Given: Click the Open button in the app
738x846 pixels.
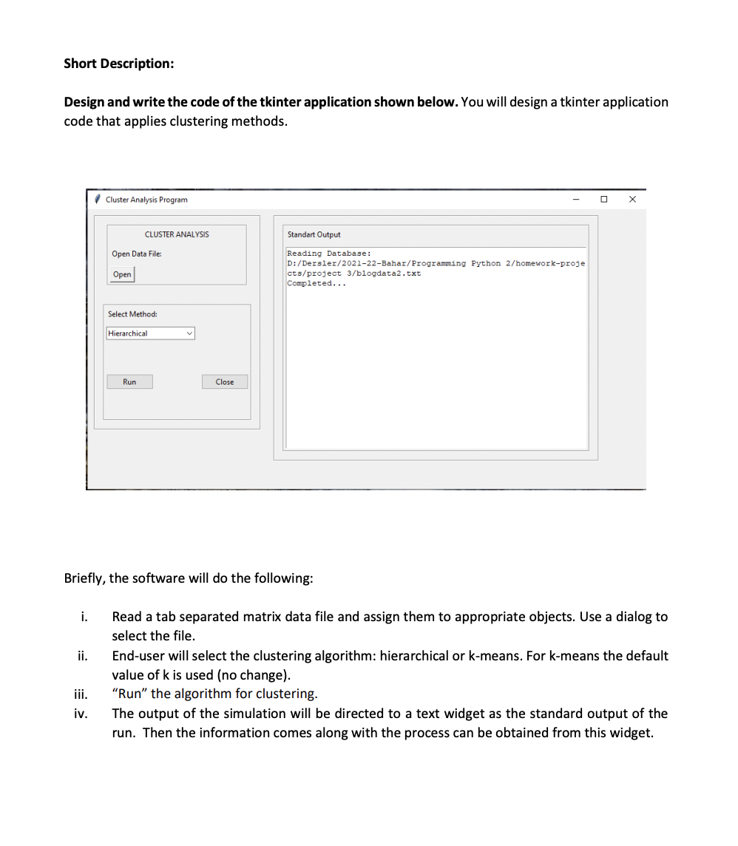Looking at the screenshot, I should pyautogui.click(x=123, y=274).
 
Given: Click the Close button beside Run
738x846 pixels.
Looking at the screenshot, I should pyautogui.click(x=225, y=382).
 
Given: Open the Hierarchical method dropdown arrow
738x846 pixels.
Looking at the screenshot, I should pyautogui.click(x=189, y=334).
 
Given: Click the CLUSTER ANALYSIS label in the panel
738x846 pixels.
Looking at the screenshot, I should pyautogui.click(x=177, y=234).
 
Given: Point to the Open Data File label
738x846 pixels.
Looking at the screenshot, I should pyautogui.click(x=137, y=254).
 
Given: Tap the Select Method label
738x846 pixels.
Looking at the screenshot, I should pyautogui.click(x=132, y=314).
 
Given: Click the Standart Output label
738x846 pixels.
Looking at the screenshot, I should pyautogui.click(x=314, y=234).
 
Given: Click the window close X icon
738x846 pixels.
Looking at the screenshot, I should pyautogui.click(x=632, y=199).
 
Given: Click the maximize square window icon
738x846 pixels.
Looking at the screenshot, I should pyautogui.click(x=604, y=199).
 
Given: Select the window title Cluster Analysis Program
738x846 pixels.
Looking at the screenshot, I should pyautogui.click(x=146, y=200).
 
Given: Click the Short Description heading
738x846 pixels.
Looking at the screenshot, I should pyautogui.click(x=119, y=64).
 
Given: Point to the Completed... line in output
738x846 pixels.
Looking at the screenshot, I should pyautogui.click(x=316, y=284).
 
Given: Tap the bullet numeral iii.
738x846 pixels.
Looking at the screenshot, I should pyautogui.click(x=81, y=694).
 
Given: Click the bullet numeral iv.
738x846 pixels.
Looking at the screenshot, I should pyautogui.click(x=81, y=714).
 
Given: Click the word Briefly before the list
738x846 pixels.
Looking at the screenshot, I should pyautogui.click(x=84, y=578).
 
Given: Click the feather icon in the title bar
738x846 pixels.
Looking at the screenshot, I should pyautogui.click(x=98, y=200).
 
